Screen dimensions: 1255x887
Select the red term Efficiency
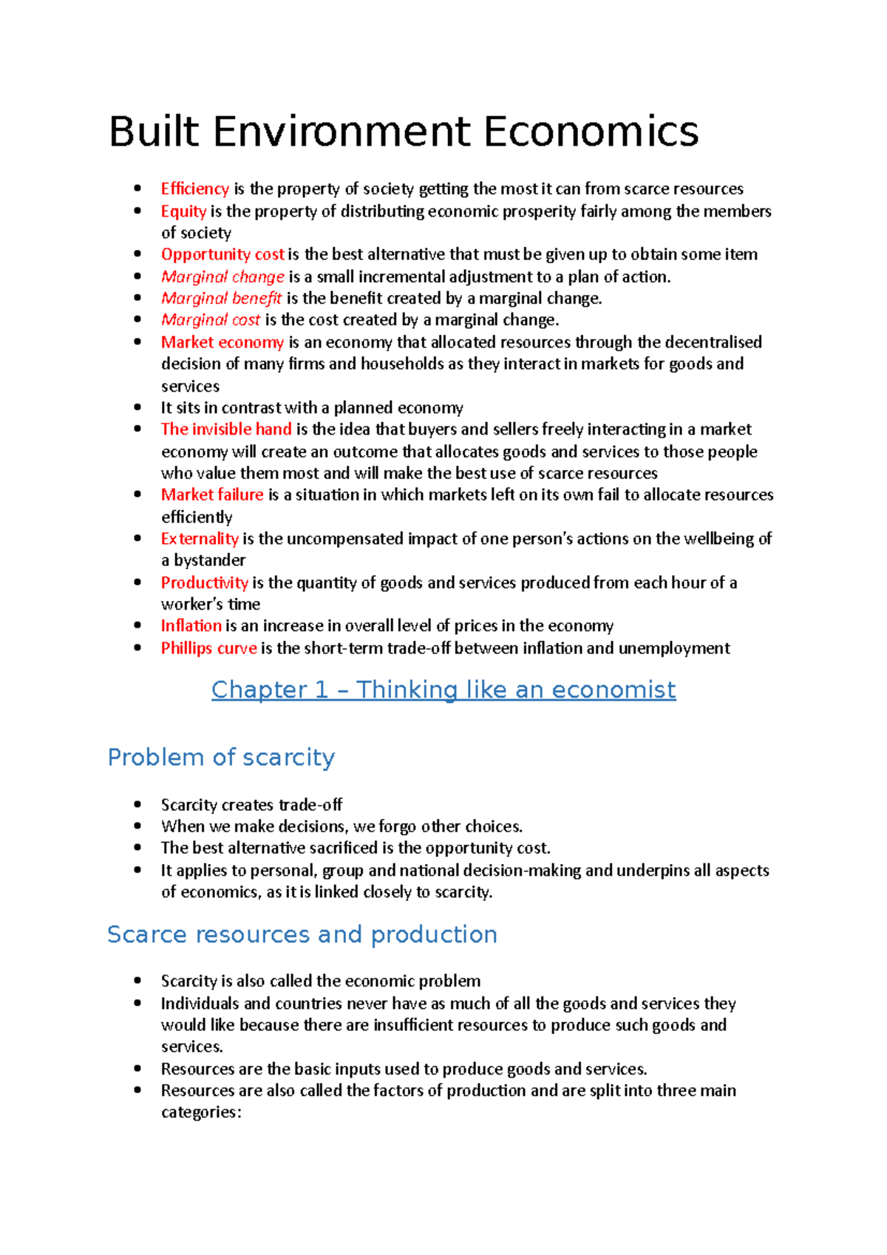coord(195,189)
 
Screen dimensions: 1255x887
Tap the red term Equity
coord(183,211)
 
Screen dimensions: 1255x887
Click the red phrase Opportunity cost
coord(222,254)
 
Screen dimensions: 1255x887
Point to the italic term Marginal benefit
coord(221,298)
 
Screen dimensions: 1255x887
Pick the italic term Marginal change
coord(222,276)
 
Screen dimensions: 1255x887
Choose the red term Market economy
coord(222,342)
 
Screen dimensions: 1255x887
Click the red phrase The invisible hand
coord(226,429)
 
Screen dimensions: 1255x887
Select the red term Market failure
coord(212,494)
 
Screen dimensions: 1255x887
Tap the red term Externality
coord(200,539)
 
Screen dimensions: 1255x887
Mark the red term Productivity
coord(205,582)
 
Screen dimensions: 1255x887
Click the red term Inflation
coord(191,626)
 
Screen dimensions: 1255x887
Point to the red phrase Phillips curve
coord(209,648)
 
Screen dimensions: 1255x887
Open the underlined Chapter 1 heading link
coord(443,690)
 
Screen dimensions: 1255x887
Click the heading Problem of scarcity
coord(221,758)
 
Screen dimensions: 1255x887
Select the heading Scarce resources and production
coord(302,934)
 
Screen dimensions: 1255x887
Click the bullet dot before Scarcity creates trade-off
coord(137,804)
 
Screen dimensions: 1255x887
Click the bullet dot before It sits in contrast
coord(137,407)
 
